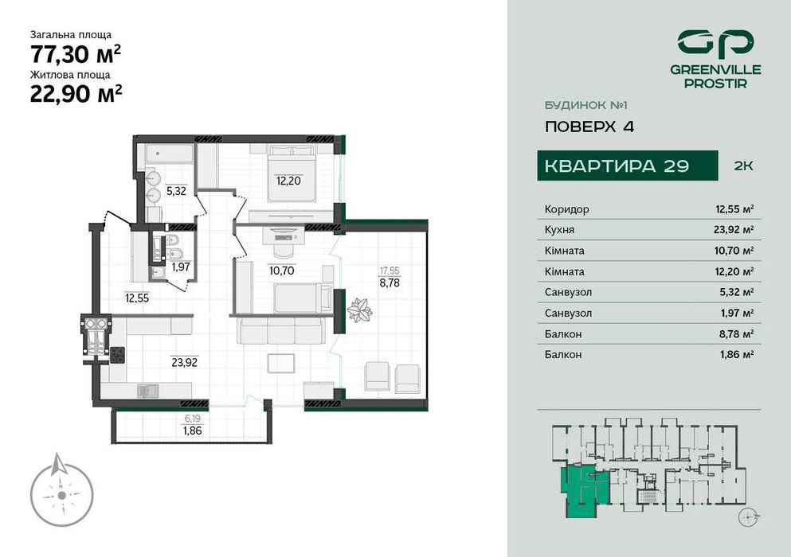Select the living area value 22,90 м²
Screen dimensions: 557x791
coord(75,94)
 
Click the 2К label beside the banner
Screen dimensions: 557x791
coord(742,166)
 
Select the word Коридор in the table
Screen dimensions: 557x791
coord(566,209)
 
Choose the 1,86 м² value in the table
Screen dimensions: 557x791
coord(735,354)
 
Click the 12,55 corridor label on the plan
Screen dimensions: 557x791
coord(136,298)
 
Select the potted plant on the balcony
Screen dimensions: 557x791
coord(359,309)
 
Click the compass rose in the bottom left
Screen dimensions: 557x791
coord(61,493)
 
